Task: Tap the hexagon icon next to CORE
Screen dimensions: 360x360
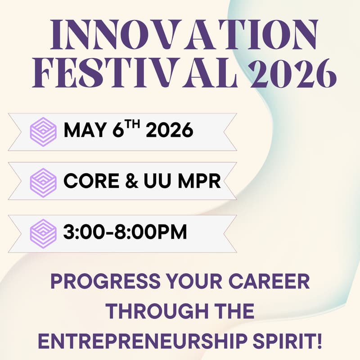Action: tap(43, 182)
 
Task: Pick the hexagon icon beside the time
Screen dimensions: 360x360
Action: tap(43, 233)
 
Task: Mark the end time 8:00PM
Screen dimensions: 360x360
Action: tap(151, 234)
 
